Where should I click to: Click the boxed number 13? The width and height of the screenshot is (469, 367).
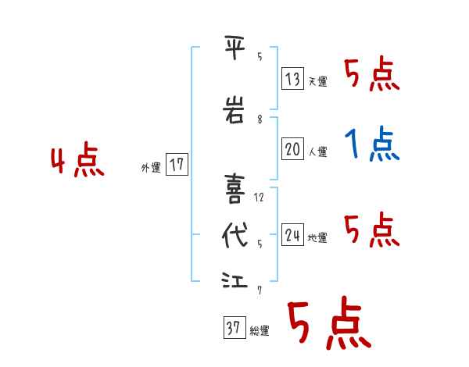click(293, 79)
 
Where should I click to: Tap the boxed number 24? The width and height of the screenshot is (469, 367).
click(293, 235)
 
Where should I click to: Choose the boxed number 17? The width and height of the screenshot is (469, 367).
click(177, 165)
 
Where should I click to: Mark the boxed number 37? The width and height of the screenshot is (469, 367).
click(233, 329)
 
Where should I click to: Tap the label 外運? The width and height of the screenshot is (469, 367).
click(151, 167)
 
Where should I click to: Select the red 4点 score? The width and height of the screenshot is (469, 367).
click(77, 162)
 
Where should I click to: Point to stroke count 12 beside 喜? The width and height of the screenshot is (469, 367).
click(260, 197)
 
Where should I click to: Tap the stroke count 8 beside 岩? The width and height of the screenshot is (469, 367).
click(260, 119)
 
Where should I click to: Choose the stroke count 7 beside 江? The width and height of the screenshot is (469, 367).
click(260, 290)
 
